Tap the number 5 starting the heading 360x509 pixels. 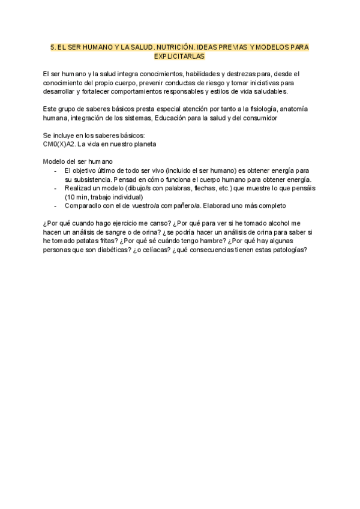coord(52,46)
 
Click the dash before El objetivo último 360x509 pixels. coord(55,170)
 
